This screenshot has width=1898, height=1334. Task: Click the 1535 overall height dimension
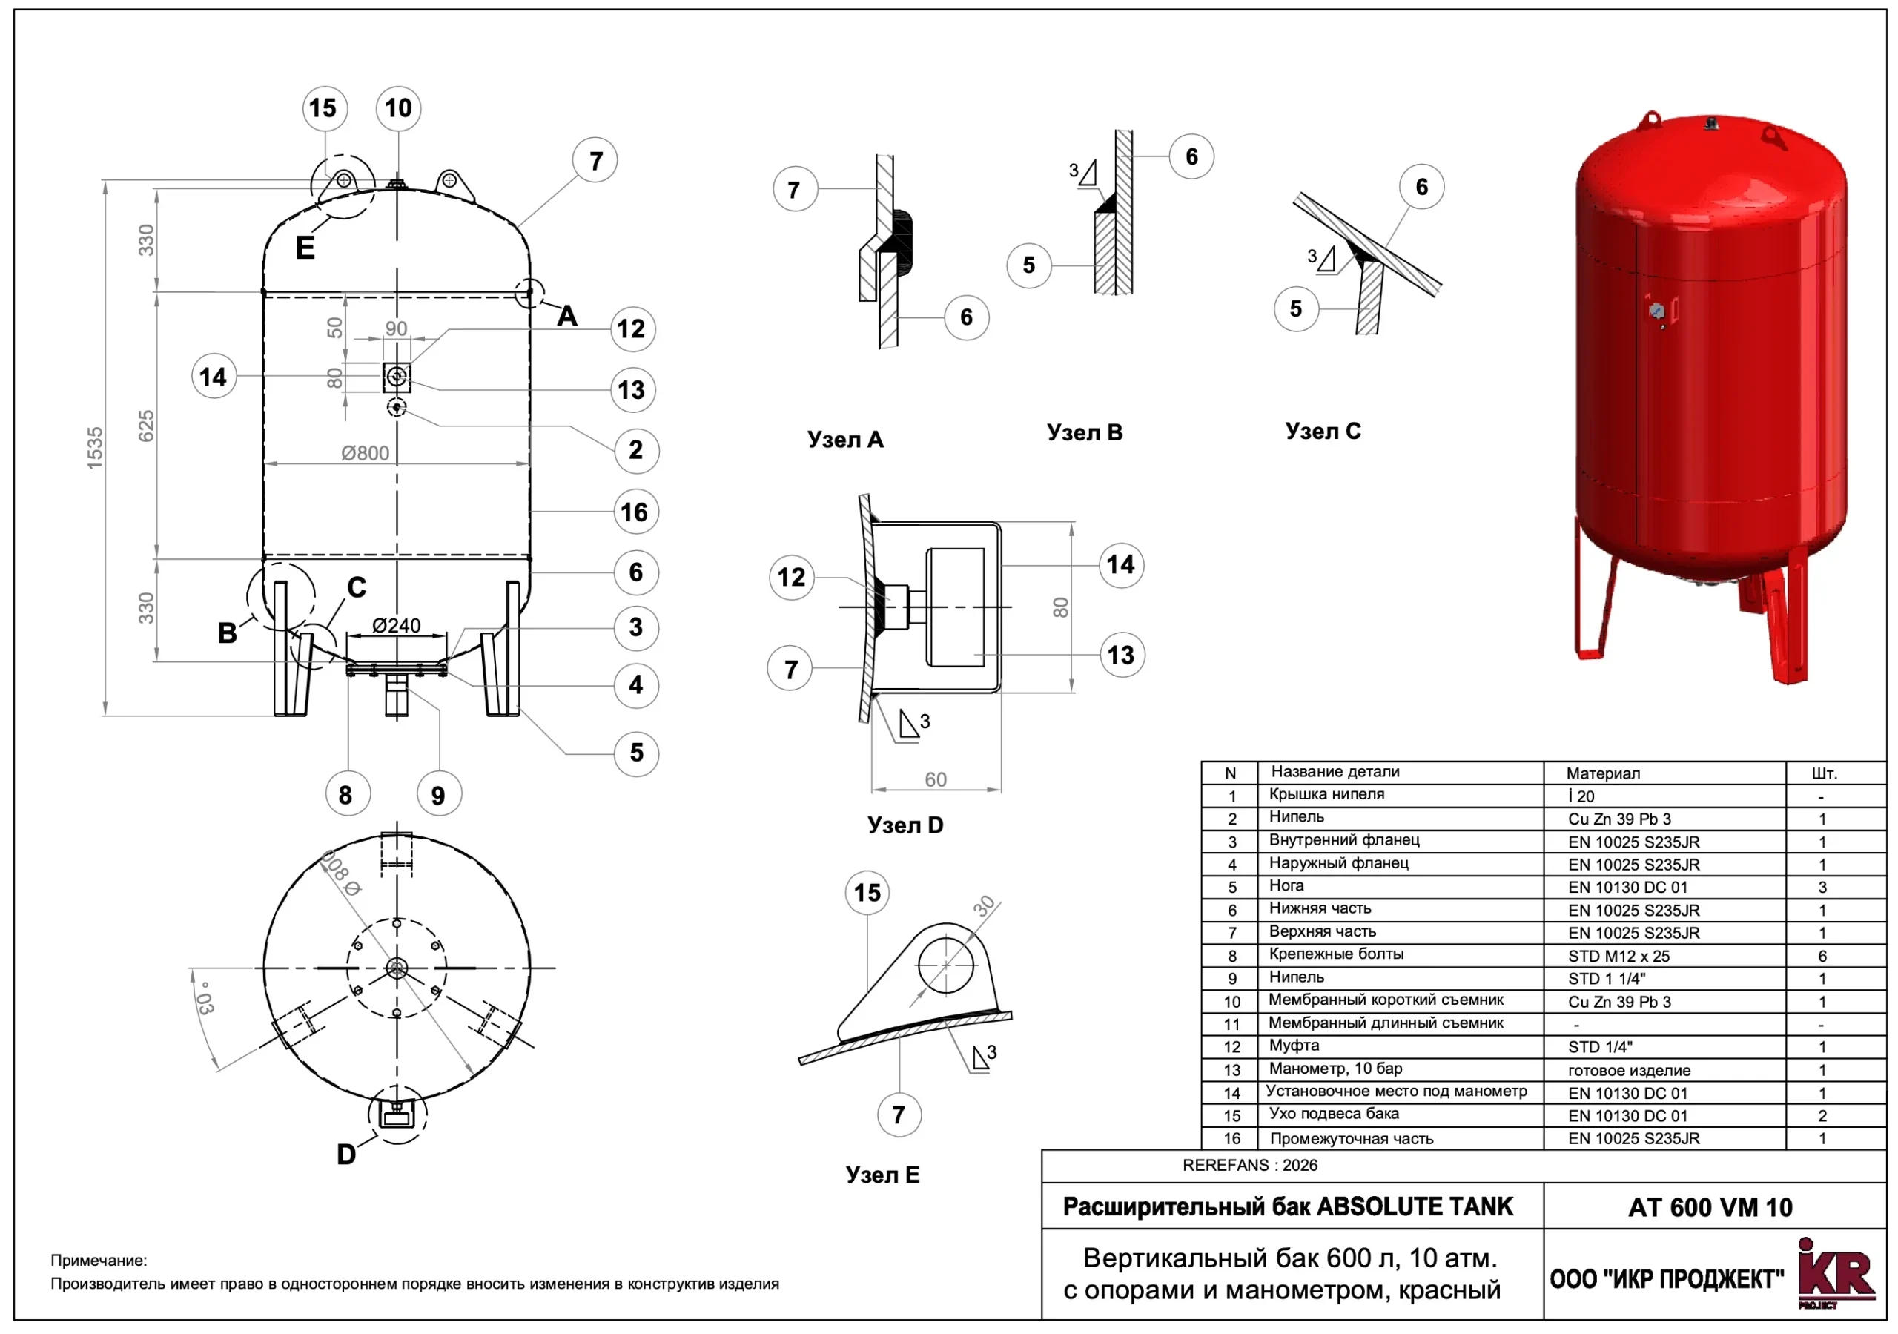[x=95, y=448]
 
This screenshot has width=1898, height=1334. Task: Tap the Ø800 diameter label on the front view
[x=365, y=453]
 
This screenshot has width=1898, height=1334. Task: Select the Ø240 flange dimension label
[x=396, y=626]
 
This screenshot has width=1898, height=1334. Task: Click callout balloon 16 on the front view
[x=635, y=512]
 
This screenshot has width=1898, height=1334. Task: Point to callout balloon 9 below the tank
[x=438, y=795]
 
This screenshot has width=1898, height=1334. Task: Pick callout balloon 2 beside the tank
[x=635, y=450]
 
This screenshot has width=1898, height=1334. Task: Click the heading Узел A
[x=845, y=439]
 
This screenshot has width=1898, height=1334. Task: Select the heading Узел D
[x=905, y=825]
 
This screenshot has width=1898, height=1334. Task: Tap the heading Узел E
[x=882, y=1175]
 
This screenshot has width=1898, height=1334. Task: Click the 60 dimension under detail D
[x=936, y=779]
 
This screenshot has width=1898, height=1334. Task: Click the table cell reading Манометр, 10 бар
[x=1336, y=1069]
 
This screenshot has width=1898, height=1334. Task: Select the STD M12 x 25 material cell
[x=1618, y=956]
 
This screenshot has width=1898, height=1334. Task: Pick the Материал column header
[x=1603, y=773]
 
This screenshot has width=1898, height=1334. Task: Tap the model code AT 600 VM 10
[x=1710, y=1207]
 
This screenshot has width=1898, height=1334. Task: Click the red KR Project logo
[x=1834, y=1274]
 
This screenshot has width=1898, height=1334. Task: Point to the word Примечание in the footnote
[x=99, y=1261]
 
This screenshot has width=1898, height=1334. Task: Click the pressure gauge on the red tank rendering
[x=1656, y=311]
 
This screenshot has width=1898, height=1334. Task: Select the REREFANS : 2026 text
[x=1250, y=1165]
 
